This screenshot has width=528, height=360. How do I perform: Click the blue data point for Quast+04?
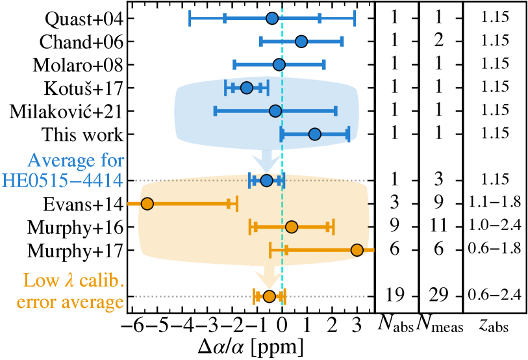coord(272,18)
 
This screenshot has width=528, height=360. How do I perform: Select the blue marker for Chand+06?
coord(301,42)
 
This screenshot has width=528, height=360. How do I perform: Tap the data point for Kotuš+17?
coord(246,88)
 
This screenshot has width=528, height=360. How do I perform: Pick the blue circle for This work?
coord(314,134)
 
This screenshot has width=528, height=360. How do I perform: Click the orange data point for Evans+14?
coord(147,204)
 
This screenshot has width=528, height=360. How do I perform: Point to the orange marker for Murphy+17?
coord(357,250)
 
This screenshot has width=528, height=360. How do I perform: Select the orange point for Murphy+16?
coord(292,227)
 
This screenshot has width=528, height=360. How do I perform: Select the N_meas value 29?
coord(439,296)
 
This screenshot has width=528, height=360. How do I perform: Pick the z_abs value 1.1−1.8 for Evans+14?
coord(494,203)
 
